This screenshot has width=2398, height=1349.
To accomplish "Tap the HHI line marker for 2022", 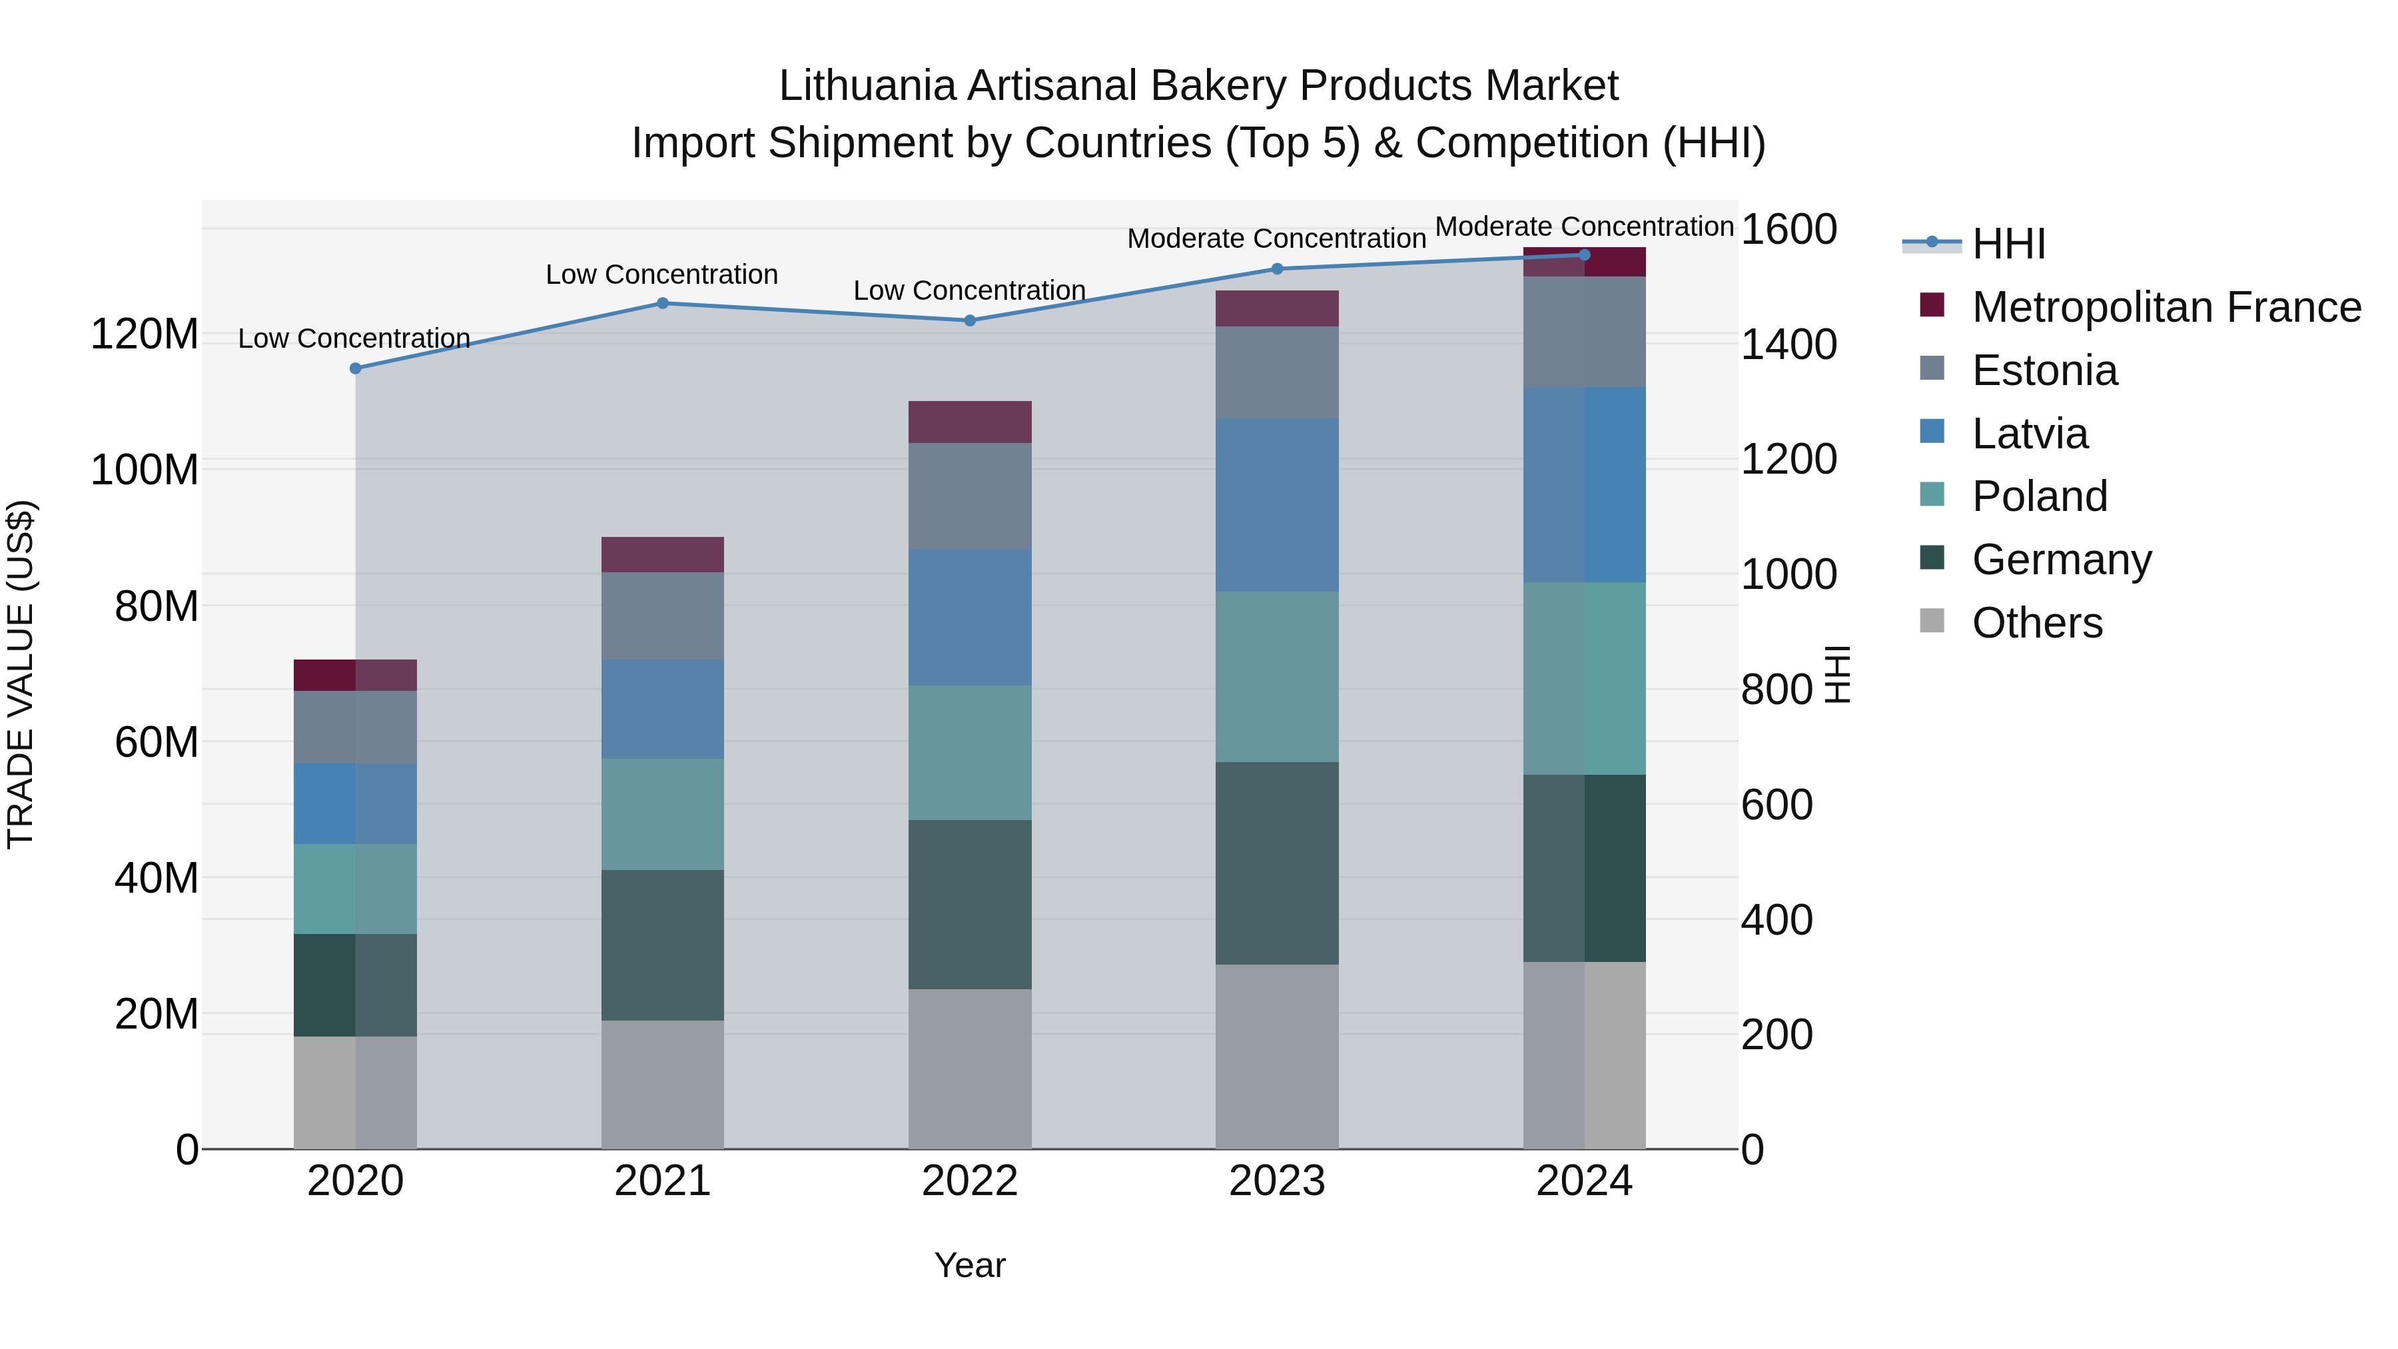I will click(x=969, y=320).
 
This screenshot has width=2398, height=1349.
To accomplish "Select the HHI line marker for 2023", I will click(x=1276, y=269).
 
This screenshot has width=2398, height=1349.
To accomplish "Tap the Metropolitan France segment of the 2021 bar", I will click(x=662, y=554).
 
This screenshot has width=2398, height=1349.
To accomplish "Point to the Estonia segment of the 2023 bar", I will click(x=1276, y=372).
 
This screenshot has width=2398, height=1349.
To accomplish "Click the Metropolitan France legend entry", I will click(x=2166, y=307).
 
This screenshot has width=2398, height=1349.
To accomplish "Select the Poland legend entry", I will click(x=2039, y=496).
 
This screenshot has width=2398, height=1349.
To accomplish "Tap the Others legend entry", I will click(x=2037, y=623).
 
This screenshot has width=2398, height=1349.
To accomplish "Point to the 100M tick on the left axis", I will click(x=145, y=470).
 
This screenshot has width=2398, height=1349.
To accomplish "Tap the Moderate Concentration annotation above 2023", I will click(x=1276, y=238).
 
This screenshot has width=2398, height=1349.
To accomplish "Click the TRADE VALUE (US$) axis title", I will click(x=21, y=674).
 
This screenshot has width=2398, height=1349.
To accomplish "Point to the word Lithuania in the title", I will click(x=867, y=86).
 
